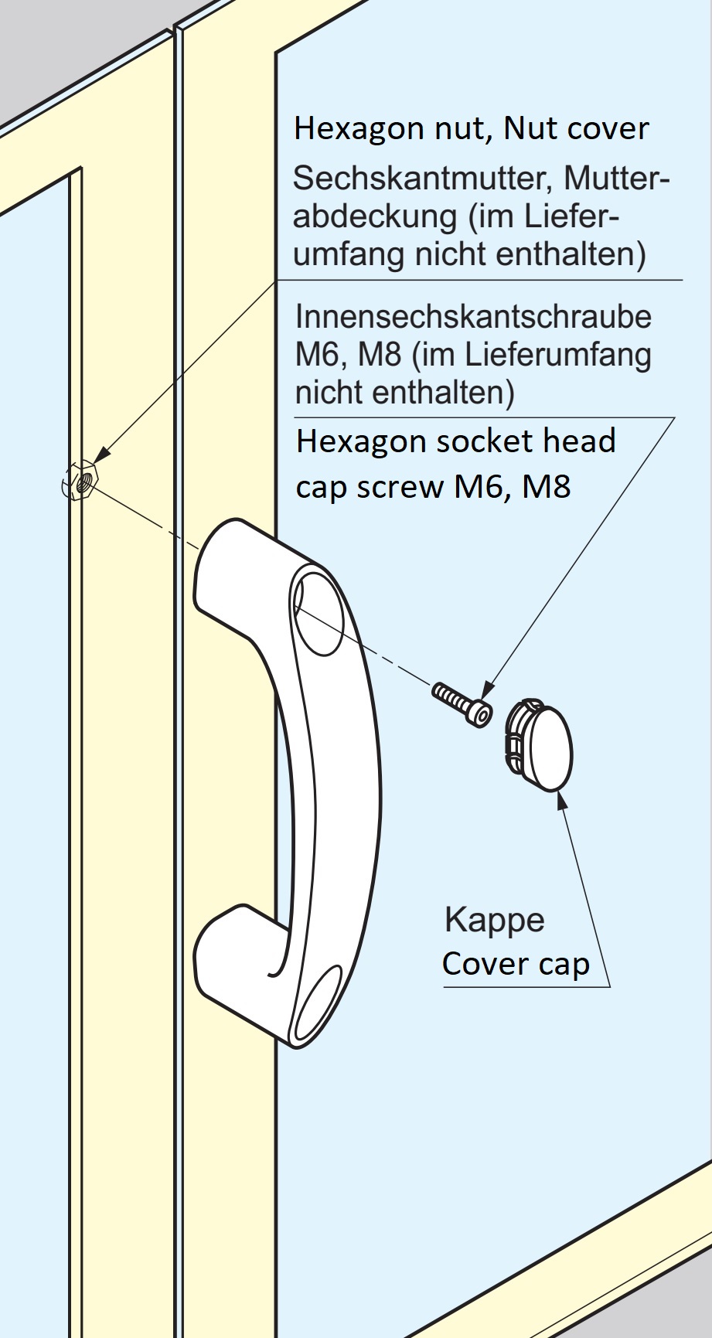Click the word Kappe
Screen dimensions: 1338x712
(x=494, y=921)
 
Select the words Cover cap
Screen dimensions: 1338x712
(x=515, y=963)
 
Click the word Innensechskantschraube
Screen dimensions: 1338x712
(x=473, y=316)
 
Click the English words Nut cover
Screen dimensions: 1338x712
(x=576, y=128)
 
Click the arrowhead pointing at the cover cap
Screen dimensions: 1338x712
(x=559, y=798)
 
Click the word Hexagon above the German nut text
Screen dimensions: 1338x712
(x=356, y=128)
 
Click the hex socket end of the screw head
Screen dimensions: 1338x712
(x=482, y=717)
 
